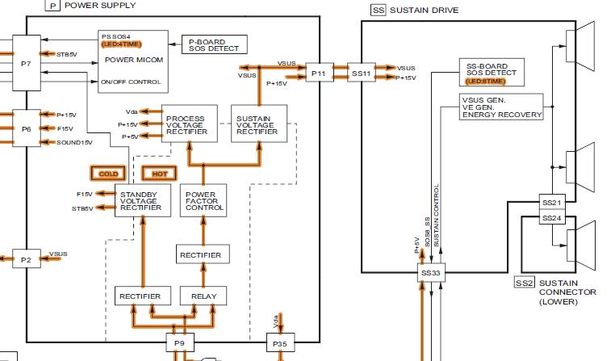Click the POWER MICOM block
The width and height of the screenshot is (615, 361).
133,59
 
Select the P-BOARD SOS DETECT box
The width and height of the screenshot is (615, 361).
215,44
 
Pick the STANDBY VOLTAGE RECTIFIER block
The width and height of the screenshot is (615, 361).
140,201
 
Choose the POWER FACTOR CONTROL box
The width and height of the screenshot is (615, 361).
204,201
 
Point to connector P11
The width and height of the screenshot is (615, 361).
319,73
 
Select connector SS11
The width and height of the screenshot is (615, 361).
361,73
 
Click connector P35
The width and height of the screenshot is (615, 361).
279,345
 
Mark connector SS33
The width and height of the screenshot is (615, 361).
431,274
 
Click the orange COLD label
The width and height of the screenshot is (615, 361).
108,174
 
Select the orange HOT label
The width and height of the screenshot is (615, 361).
159,174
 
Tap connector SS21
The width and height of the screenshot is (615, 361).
551,201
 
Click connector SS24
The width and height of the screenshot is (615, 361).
551,218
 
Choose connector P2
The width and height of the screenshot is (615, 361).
26,260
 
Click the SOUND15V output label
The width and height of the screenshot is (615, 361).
74,142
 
